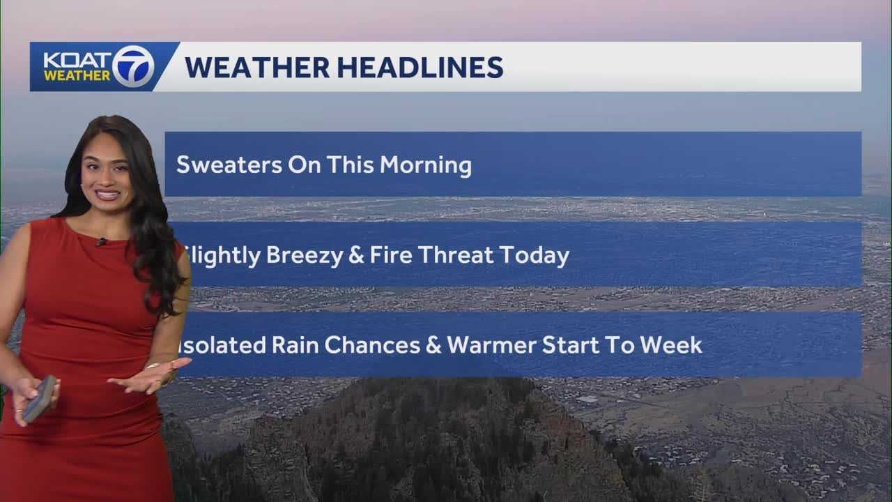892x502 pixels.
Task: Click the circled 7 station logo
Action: [x=133, y=67]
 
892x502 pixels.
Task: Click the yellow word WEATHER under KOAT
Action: [x=77, y=75]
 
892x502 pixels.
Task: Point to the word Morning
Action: [x=425, y=165]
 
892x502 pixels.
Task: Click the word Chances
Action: [x=374, y=345]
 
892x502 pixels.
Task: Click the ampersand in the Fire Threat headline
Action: [x=356, y=256]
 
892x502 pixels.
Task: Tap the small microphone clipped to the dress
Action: [x=102, y=242]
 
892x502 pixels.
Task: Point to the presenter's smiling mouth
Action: [x=108, y=195]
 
